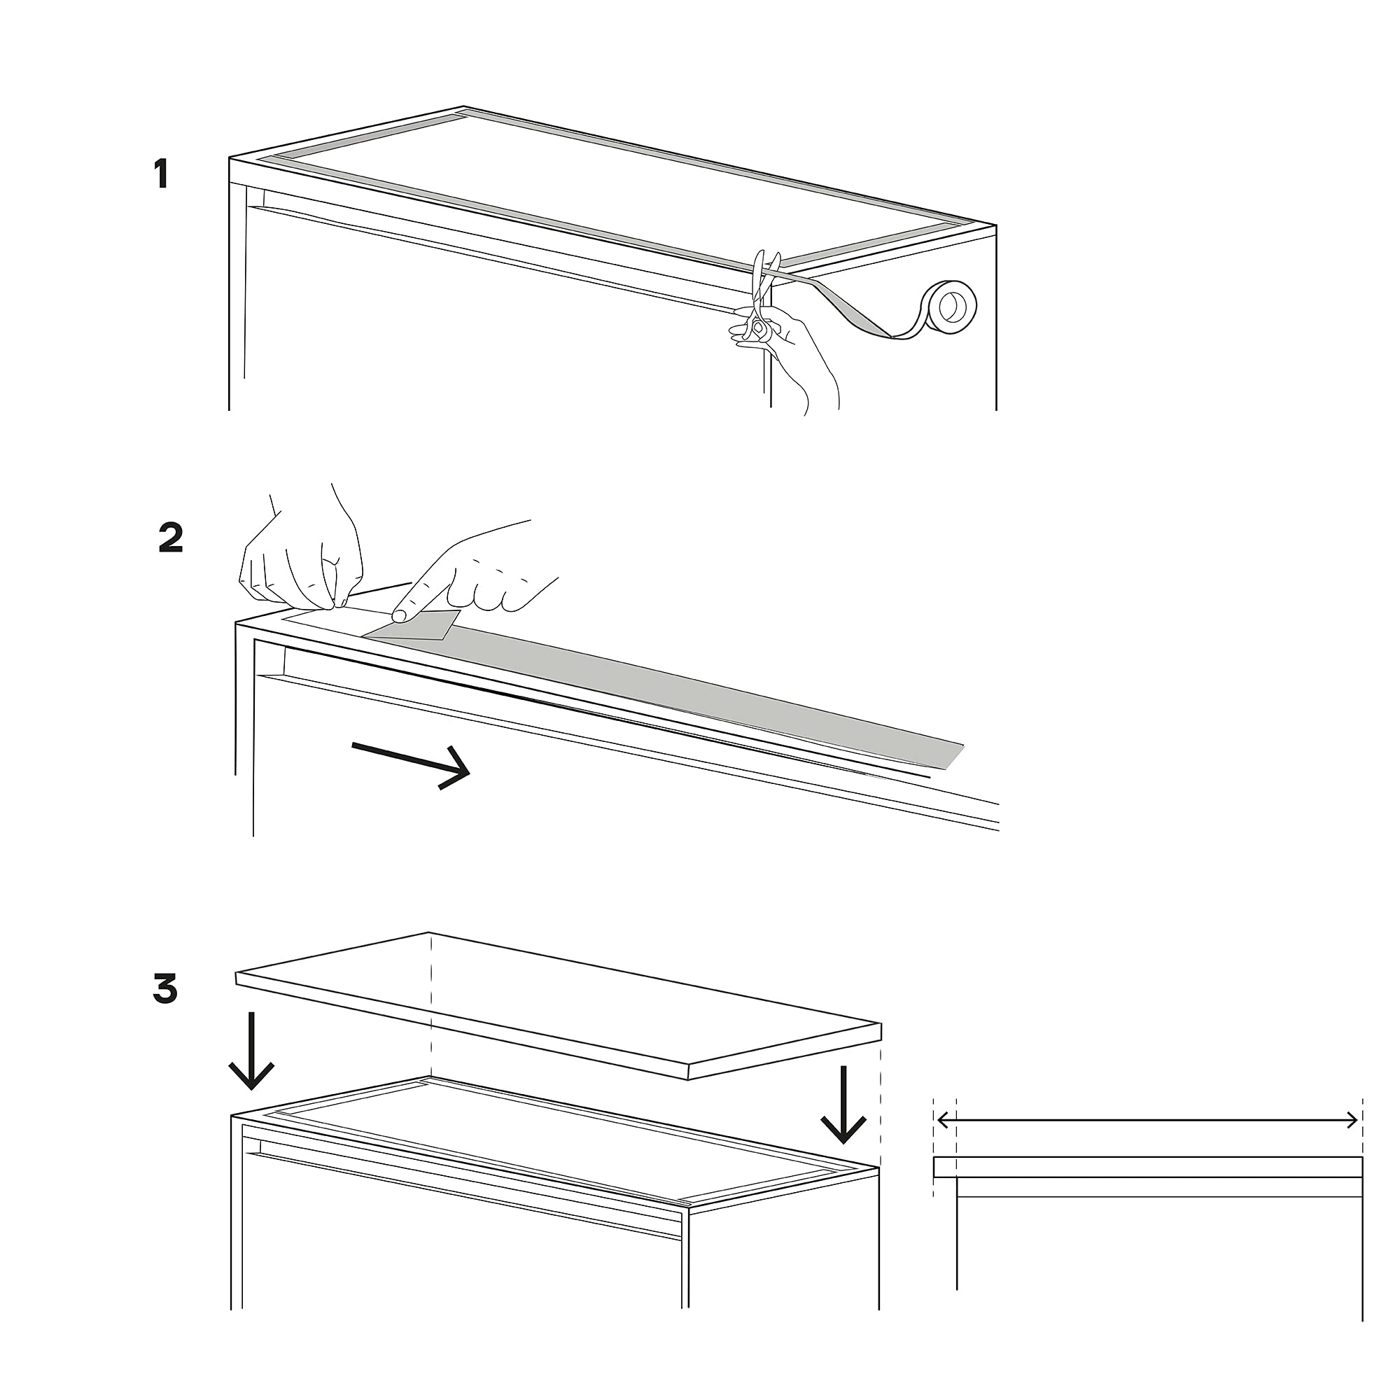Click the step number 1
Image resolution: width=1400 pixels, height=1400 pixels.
pos(162,174)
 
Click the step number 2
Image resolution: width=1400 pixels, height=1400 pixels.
pos(171,538)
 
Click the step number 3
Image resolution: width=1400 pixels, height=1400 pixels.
pos(165,989)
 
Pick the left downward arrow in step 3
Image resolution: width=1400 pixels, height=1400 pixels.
pos(251,1051)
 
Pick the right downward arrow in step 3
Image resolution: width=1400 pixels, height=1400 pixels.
pos(843,1105)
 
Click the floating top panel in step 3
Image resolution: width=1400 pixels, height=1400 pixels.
pos(558,1004)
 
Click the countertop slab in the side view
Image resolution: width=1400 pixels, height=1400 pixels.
pos(1148,1167)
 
